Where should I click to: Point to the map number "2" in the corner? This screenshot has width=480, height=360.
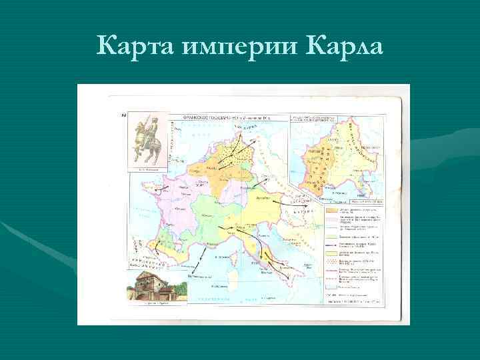coord(124,117)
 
